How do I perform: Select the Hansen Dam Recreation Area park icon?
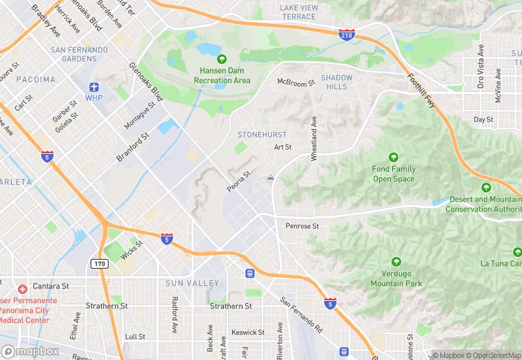point(221,59)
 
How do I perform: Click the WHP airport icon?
point(94,87)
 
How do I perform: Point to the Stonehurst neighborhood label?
point(262,135)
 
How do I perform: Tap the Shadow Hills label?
point(337,82)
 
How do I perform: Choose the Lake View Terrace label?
point(299,12)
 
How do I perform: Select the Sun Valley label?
point(192,283)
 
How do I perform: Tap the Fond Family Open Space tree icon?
point(394,157)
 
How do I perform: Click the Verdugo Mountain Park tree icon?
point(396,262)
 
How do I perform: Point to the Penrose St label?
point(302,226)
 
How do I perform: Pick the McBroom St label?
point(295,82)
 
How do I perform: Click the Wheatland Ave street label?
point(314,138)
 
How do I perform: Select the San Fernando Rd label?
point(302,313)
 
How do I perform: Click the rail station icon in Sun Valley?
point(249,273)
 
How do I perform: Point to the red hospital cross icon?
point(22,289)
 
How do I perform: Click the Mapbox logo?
point(30,351)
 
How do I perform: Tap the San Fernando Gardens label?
point(79,54)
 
